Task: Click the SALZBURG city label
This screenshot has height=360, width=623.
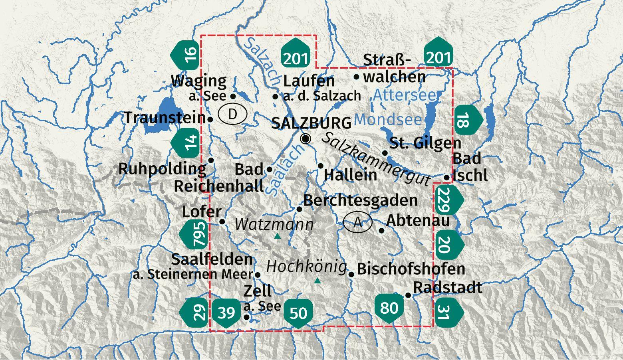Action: [311, 123]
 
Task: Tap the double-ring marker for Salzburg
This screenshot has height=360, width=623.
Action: [306, 138]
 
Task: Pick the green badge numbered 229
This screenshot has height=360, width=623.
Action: [448, 198]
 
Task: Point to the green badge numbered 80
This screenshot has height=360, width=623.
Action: [389, 308]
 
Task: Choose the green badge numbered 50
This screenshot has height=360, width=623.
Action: [298, 313]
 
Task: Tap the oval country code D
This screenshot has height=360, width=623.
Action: [233, 114]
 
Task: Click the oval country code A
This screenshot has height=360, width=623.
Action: [357, 222]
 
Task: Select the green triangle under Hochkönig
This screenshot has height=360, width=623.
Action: [317, 281]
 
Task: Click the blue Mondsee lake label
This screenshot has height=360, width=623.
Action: [388, 119]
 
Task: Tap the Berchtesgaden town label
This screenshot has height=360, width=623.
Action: [360, 200]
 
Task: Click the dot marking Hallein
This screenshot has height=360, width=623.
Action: [321, 166]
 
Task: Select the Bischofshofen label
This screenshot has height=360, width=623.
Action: [411, 269]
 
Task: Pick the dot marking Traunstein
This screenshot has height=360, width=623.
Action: [210, 119]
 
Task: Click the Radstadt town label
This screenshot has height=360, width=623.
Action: [448, 287]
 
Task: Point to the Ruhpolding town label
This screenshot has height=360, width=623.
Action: [162, 169]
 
